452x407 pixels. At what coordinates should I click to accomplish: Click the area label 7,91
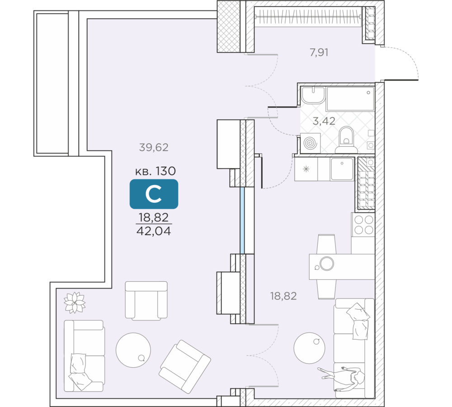coord(319,52)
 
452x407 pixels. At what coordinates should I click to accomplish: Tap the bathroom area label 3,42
coord(324,121)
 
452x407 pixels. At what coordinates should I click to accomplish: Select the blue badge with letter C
coord(154,194)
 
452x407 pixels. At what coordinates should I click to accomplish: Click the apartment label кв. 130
coord(155,171)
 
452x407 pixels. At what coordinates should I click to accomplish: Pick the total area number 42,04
coord(154,231)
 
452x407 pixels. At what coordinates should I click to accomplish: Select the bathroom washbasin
coord(312,96)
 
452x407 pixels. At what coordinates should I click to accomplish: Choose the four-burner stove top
coord(363,224)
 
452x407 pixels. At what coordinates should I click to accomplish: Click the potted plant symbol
coord(75,302)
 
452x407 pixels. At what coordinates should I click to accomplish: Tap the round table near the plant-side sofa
coord(133,349)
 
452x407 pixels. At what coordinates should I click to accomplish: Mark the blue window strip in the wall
coord(242,220)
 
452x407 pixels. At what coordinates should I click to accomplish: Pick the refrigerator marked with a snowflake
coord(306,169)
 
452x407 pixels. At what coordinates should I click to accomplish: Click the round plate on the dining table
coord(326,263)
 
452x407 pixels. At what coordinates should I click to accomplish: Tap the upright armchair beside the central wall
coord(146,300)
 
